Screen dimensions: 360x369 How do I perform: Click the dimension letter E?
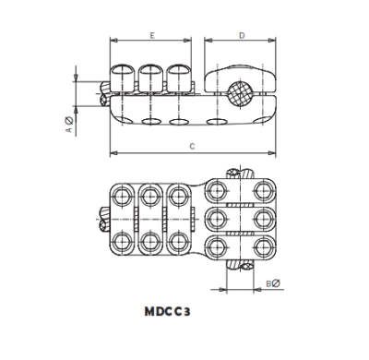[151, 34]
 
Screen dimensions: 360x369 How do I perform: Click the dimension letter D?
[242, 34]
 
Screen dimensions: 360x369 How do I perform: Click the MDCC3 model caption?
[167, 313]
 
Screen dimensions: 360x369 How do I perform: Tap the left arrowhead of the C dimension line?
[113, 153]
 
